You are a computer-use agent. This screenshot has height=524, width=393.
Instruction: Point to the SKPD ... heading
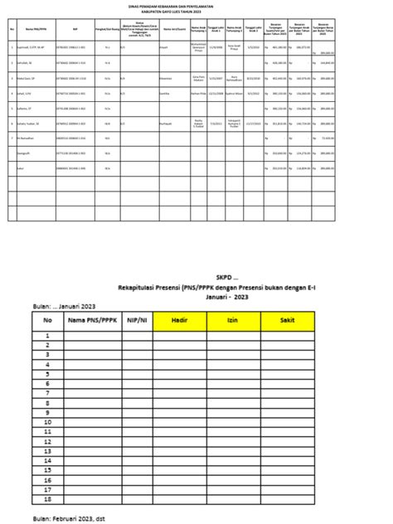(x=196, y=278)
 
